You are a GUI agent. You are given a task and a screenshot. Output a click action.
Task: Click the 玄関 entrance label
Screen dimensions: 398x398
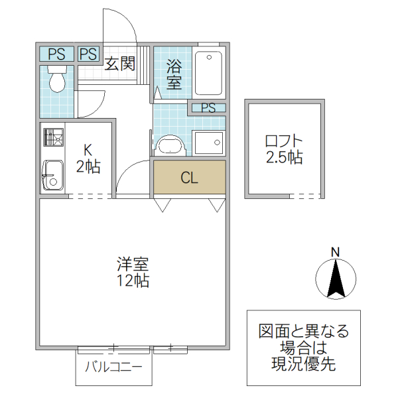(x=120, y=64)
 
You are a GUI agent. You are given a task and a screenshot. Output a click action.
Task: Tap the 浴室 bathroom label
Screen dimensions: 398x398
(x=174, y=74)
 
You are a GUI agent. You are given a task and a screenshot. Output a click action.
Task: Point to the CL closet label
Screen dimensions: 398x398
(x=190, y=178)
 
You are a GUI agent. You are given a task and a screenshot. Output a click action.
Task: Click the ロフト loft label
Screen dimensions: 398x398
(x=283, y=141)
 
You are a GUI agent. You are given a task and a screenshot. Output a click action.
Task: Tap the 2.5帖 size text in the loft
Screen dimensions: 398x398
(x=284, y=158)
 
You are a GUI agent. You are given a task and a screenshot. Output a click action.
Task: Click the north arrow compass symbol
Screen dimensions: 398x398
(x=336, y=279)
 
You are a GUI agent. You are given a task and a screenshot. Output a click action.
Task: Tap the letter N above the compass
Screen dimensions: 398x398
(x=336, y=251)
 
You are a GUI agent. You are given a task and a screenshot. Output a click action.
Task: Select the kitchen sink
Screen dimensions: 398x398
(x=52, y=175)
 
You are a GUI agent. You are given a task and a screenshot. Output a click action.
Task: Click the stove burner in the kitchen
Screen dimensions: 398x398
(x=52, y=138)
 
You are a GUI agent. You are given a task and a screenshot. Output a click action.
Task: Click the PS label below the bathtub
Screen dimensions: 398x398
(x=208, y=107)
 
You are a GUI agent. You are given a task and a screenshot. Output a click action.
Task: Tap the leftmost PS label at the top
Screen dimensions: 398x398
(x=56, y=54)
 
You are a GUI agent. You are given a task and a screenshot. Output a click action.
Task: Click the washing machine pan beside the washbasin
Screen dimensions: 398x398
(x=210, y=142)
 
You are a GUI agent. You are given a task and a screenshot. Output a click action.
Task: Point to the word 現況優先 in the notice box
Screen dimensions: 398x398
(x=304, y=363)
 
